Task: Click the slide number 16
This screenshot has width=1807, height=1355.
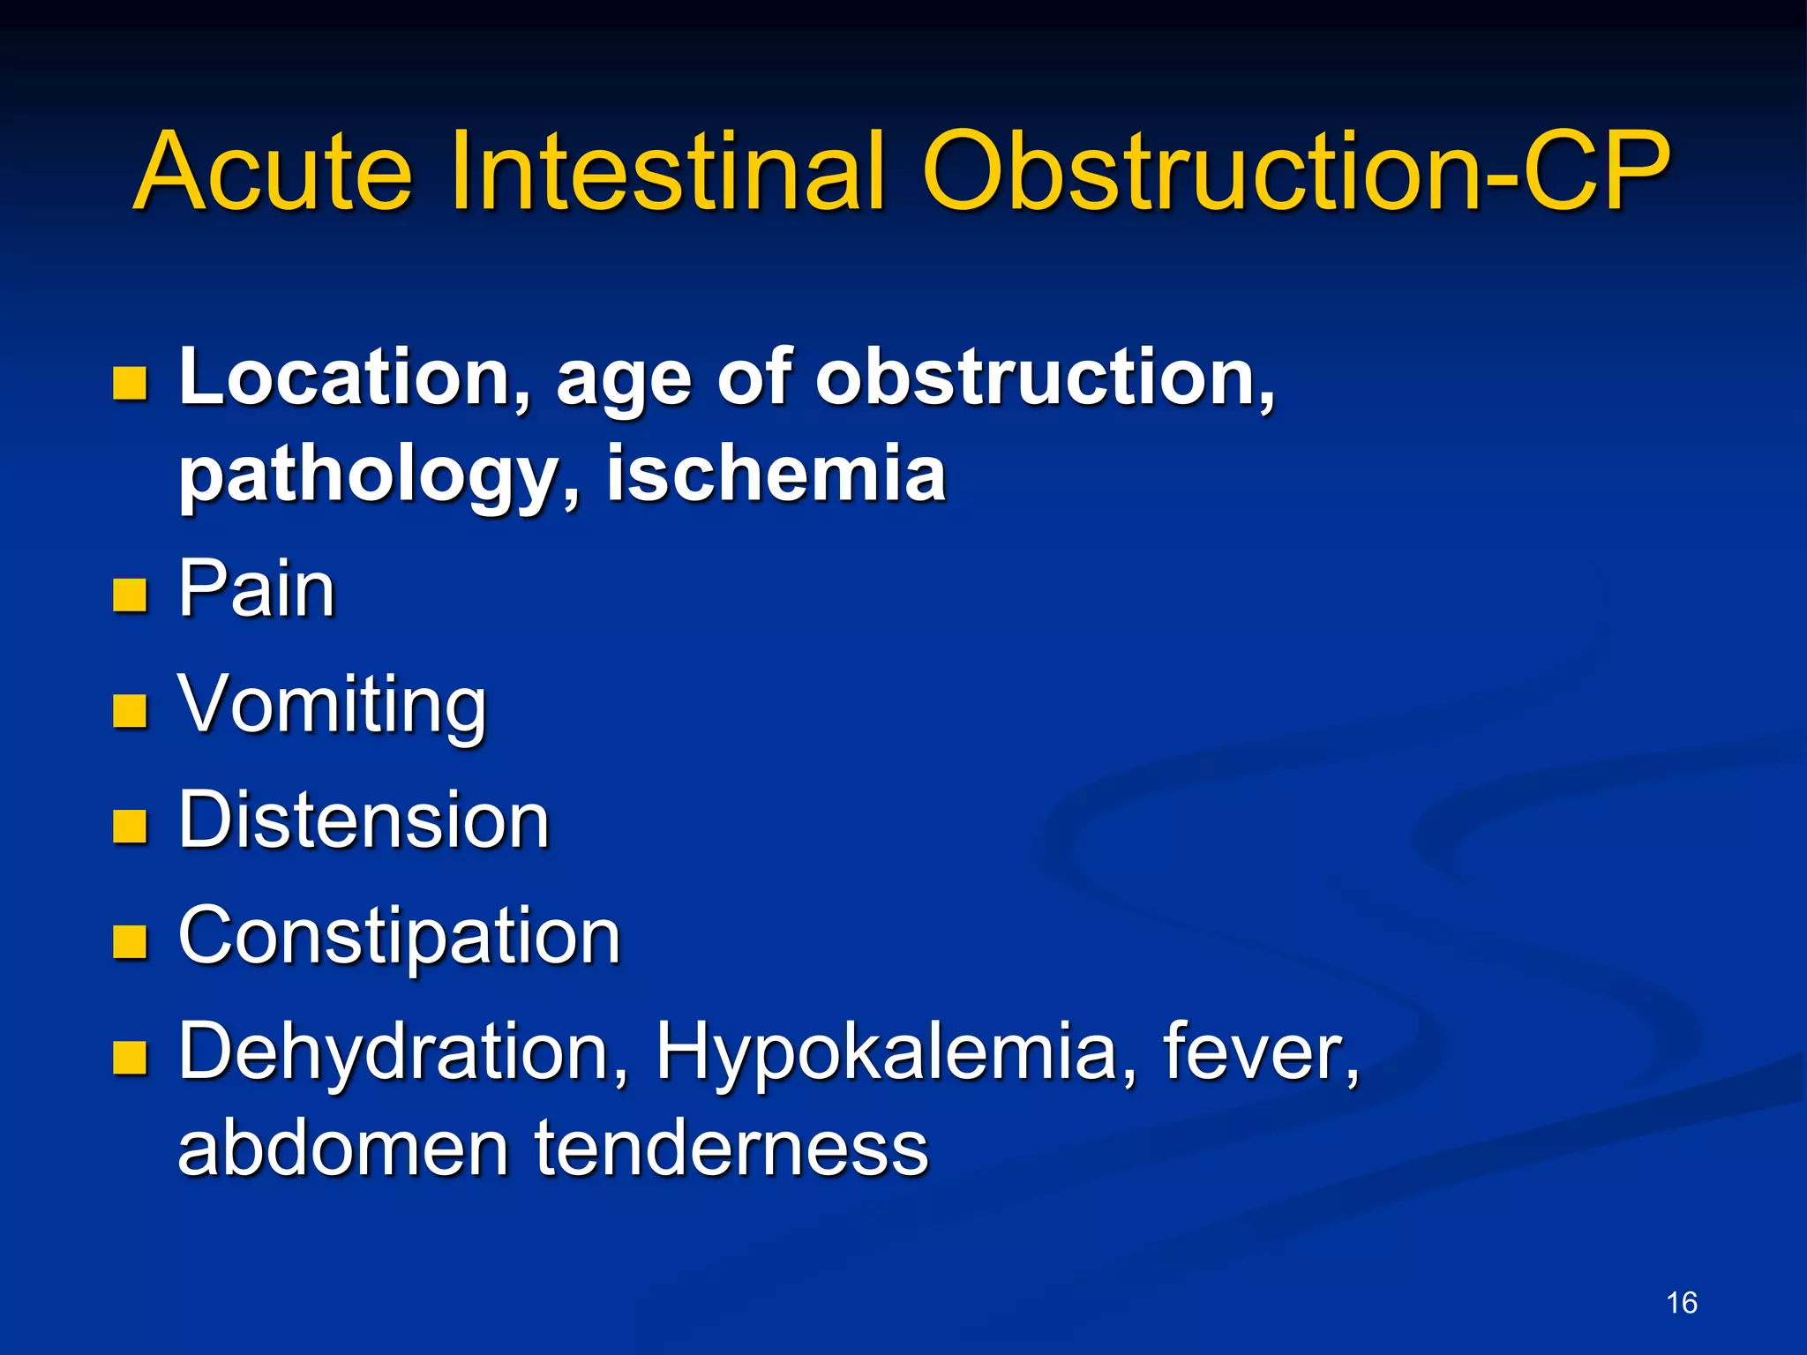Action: click(1681, 1302)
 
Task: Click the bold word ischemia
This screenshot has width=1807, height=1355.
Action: click(776, 474)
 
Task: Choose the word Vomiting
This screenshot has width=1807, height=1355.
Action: click(332, 706)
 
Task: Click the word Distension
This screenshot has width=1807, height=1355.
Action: click(364, 820)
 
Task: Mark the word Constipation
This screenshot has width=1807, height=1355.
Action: click(400, 938)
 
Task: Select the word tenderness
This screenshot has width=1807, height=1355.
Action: click(731, 1148)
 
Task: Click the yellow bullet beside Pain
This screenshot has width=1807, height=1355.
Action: click(130, 595)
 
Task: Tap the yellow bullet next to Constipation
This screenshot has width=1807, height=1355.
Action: click(130, 941)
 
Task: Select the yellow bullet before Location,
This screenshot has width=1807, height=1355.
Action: click(130, 384)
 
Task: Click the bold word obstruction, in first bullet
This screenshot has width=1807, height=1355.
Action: click(1045, 378)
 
